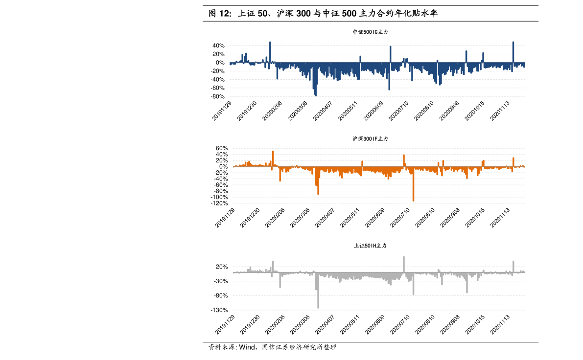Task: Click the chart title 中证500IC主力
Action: (370, 32)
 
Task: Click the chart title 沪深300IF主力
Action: (370, 139)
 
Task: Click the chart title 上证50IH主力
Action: (370, 246)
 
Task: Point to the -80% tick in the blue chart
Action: (218, 97)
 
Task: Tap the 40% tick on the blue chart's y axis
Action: (219, 45)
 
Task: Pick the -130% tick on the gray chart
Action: (219, 310)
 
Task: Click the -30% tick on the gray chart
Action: (220, 281)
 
